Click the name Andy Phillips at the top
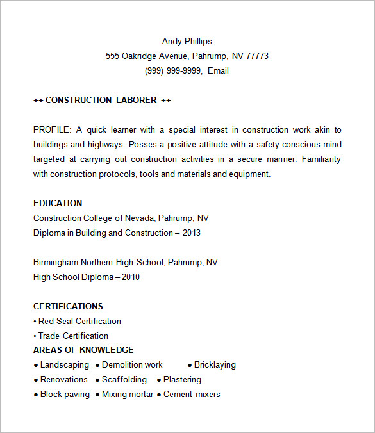[187, 41]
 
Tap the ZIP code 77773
[257, 56]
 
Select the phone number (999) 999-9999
[172, 70]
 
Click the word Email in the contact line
[218, 70]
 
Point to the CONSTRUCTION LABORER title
[101, 100]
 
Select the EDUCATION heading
[58, 203]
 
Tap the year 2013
[191, 233]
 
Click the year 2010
[130, 277]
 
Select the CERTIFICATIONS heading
[68, 306]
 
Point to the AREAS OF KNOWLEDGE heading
[83, 350]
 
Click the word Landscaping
[65, 364]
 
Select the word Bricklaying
[215, 364]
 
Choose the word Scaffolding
[124, 379]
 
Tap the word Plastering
[182, 379]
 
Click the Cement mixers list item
[192, 394]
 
